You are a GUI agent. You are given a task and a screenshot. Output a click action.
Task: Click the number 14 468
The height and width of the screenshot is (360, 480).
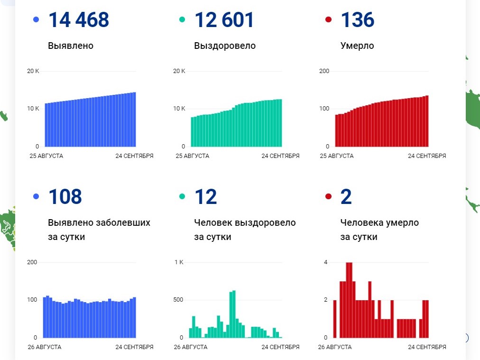[78, 20]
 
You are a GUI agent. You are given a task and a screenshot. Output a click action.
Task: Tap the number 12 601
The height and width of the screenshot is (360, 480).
[224, 20]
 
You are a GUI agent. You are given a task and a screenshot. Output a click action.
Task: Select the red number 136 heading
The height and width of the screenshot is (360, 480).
[357, 20]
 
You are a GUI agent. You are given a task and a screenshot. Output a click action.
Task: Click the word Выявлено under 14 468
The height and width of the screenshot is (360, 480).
[71, 46]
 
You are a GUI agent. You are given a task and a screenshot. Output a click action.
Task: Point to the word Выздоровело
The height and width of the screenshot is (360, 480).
[225, 46]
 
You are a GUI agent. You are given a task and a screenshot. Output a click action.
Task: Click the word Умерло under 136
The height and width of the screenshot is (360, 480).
[357, 46]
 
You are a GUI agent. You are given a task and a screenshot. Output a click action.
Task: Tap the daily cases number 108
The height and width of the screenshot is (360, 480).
[65, 196]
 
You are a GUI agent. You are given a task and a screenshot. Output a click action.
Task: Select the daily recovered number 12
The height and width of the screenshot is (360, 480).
[205, 196]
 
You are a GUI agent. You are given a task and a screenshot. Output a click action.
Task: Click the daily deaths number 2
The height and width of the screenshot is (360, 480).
[346, 196]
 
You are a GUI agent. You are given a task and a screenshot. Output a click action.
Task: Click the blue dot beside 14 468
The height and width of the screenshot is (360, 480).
[36, 20]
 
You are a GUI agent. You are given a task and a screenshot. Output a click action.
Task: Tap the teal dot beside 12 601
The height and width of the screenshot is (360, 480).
[182, 20]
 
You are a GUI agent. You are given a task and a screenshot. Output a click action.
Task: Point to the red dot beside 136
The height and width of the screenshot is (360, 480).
[328, 20]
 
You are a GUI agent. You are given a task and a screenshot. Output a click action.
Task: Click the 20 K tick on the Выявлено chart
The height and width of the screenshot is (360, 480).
[33, 71]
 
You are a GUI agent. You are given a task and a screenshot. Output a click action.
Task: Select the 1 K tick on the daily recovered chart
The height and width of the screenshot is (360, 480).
[179, 262]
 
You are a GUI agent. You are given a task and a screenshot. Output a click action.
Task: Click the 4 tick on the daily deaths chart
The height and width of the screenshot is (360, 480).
[325, 262]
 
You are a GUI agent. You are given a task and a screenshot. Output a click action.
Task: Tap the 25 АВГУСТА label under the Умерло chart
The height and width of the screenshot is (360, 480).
[337, 156]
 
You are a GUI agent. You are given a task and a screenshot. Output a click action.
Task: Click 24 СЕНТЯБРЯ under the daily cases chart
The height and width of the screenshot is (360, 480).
[134, 347]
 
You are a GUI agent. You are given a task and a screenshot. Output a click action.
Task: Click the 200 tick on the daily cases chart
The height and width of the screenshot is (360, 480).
[32, 262]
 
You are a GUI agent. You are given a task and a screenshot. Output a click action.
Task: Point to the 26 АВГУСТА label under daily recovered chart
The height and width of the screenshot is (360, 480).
[191, 347]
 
